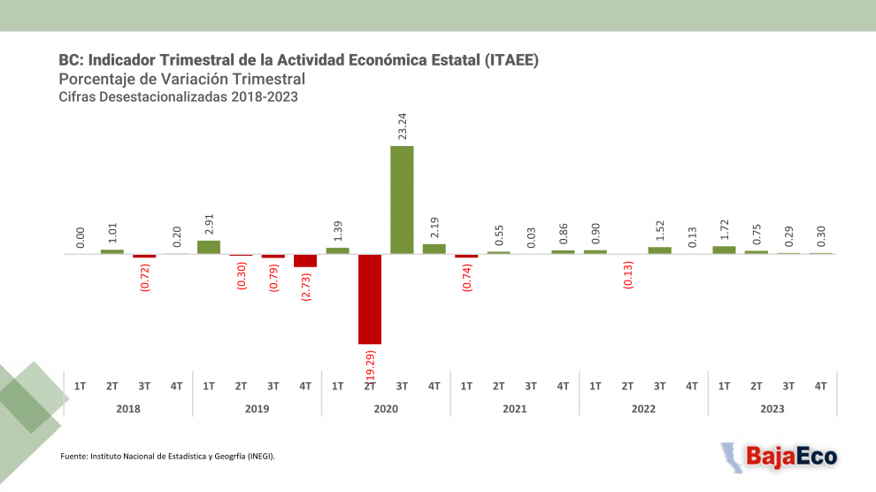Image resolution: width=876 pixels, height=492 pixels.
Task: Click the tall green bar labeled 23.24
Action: (402, 200)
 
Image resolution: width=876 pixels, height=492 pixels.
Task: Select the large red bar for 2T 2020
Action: (370, 299)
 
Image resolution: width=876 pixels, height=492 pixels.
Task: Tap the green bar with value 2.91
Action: (209, 247)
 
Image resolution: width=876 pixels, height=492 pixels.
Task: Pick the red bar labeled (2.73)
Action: (305, 260)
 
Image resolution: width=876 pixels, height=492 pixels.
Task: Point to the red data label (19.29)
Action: (371, 366)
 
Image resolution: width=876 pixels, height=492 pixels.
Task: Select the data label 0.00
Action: (81, 236)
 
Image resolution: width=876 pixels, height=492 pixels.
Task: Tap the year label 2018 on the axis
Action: (128, 409)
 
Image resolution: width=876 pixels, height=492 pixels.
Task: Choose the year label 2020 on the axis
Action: (386, 409)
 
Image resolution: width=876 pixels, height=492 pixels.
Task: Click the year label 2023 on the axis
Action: (772, 409)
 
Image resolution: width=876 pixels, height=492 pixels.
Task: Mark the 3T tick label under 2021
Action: (531, 386)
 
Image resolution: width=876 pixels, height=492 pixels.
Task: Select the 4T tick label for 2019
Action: (305, 386)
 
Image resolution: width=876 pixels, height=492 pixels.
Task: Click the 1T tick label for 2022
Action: (596, 386)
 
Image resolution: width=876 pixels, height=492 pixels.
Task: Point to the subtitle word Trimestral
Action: (265, 80)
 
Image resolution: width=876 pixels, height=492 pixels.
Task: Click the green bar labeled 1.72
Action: (724, 250)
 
